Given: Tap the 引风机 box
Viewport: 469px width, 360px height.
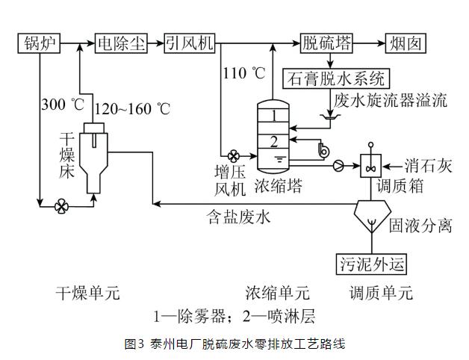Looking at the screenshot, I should click(x=190, y=44).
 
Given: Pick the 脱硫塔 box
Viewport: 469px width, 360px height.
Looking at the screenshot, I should click(x=326, y=44).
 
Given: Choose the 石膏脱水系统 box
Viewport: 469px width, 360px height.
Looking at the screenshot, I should click(x=335, y=78).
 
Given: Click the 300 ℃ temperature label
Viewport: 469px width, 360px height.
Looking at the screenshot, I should click(x=64, y=105).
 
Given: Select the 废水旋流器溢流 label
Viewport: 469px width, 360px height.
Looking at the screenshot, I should click(x=391, y=99).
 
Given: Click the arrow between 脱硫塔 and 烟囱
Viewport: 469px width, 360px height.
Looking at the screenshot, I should click(x=368, y=44).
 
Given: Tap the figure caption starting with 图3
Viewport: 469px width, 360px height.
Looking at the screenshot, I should click(x=234, y=344).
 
